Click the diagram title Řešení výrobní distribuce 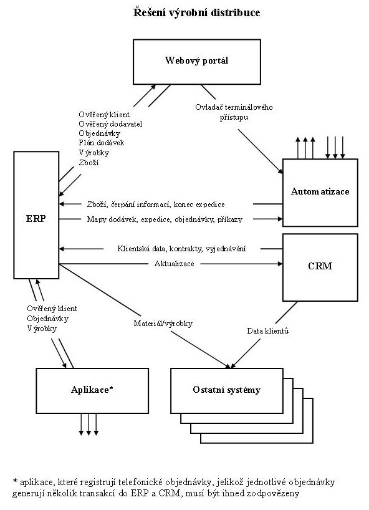click(197, 12)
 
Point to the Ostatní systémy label click(227, 390)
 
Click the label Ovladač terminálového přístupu click(234, 112)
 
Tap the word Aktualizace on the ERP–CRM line click(175, 264)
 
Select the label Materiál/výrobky click(163, 324)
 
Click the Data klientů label click(268, 331)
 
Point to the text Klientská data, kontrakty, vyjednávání click(182, 249)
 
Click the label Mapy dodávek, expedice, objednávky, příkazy click(165, 219)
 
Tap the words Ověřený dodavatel click(110, 124)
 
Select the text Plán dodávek click(102, 143)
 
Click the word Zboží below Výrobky click(89, 162)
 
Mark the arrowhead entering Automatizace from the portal click(280, 171)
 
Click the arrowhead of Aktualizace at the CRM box click(280, 264)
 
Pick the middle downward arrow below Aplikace click(89, 433)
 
